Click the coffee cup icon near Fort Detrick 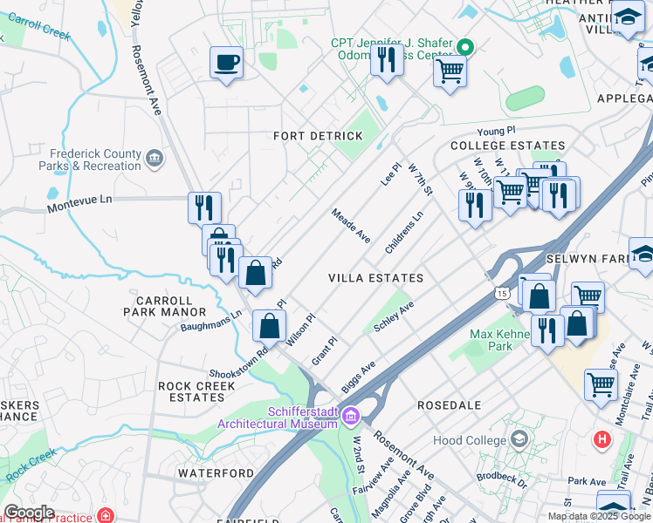pyautogui.click(x=226, y=64)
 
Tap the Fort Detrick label pyautogui.click(x=318, y=137)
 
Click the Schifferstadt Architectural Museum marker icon pyautogui.click(x=350, y=417)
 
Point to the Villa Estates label pyautogui.click(x=375, y=278)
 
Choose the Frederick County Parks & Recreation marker pyautogui.click(x=155, y=158)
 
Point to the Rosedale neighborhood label pyautogui.click(x=449, y=405)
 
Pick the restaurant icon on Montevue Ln pyautogui.click(x=204, y=207)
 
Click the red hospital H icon pyautogui.click(x=601, y=439)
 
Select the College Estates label pyautogui.click(x=507, y=146)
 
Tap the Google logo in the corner pyautogui.click(x=28, y=513)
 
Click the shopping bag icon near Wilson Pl pyautogui.click(x=270, y=327)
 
